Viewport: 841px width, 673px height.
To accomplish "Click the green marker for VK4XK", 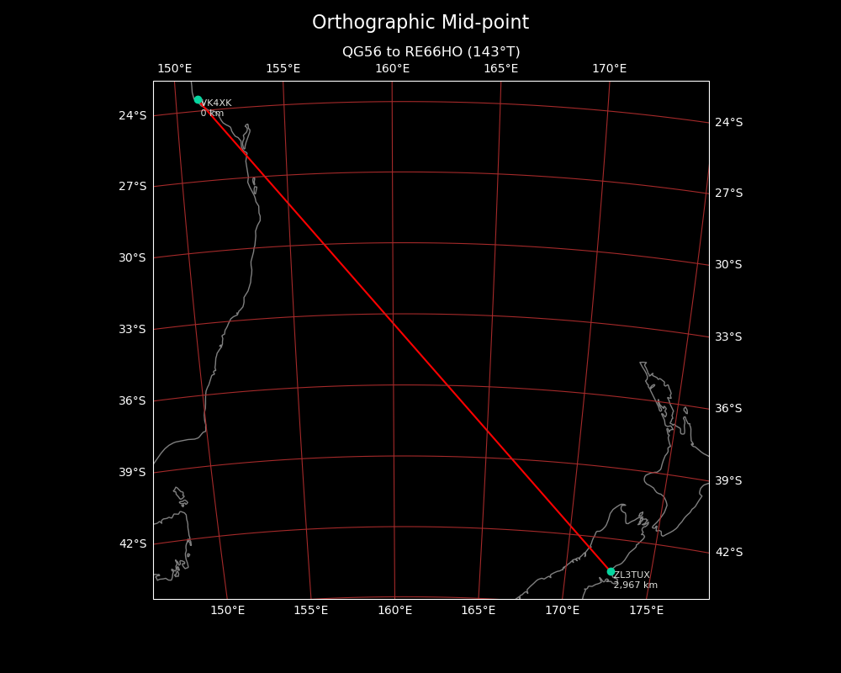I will (x=198, y=99).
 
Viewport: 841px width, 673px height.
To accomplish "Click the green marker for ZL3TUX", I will (x=611, y=571).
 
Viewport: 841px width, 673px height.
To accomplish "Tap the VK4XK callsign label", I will (x=216, y=103).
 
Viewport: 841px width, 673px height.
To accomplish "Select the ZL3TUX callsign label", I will (x=632, y=575).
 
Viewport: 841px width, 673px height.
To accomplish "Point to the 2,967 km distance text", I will (x=636, y=586).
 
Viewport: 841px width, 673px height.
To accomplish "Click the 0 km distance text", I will (x=212, y=114).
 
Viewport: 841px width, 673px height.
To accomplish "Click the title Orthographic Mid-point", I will (x=420, y=23).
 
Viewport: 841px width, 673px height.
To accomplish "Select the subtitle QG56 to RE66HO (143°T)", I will (x=431, y=52).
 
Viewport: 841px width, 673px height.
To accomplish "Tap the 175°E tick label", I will (x=646, y=610).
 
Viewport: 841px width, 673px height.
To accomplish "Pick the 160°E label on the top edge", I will (x=392, y=69).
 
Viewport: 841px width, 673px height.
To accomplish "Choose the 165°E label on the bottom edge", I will (x=478, y=610).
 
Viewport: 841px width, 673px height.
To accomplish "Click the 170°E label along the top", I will (x=609, y=69).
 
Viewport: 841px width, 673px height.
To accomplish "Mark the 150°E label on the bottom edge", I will (x=227, y=610).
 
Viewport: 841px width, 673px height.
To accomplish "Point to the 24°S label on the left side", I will (x=132, y=115).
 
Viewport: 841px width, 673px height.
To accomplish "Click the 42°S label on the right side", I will (x=729, y=552).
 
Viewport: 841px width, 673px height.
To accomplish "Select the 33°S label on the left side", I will (x=132, y=329).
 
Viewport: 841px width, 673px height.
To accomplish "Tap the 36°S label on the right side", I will (x=729, y=409).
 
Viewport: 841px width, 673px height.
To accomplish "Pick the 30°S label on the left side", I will (x=132, y=257).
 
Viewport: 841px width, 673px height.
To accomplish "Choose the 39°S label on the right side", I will (x=729, y=480).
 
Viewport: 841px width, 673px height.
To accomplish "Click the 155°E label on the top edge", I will (x=283, y=69).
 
